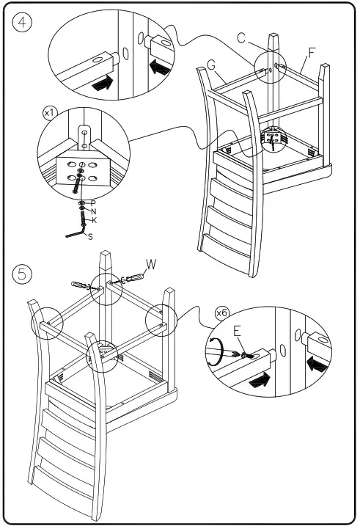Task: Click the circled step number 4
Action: tap(22, 23)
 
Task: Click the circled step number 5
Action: tap(22, 274)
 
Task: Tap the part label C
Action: tap(241, 38)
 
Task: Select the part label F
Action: tap(312, 53)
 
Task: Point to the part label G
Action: tap(211, 65)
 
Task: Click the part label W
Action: tap(151, 264)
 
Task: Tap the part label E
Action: tap(237, 331)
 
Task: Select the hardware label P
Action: tap(93, 203)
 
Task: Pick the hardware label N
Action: tap(94, 211)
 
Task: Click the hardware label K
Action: tap(94, 220)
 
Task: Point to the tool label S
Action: tap(90, 237)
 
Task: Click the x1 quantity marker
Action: tap(50, 113)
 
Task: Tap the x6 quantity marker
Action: tap(221, 313)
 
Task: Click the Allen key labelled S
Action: tap(75, 233)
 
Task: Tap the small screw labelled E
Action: tap(248, 354)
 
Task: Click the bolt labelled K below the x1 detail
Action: tap(82, 218)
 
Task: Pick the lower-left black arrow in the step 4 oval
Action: tap(102, 83)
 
